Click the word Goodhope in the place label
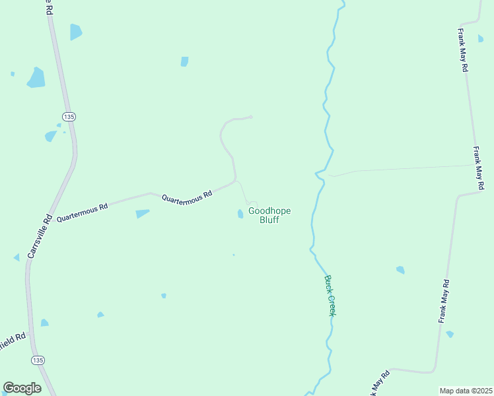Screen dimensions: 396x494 click(269, 211)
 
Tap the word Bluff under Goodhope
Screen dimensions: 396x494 click(269, 220)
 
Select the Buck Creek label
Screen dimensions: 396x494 click(330, 295)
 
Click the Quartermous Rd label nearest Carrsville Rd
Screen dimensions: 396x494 click(82, 213)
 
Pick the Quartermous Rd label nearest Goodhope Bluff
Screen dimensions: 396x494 click(187, 196)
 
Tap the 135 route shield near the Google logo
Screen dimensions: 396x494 click(38, 360)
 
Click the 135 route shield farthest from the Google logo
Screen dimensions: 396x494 click(69, 116)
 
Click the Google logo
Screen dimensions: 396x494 click(22, 388)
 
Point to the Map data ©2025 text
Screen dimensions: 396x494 click(466, 391)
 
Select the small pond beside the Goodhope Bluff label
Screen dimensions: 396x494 click(240, 213)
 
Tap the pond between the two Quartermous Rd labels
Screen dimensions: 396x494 click(142, 213)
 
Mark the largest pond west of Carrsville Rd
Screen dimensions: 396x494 click(36, 78)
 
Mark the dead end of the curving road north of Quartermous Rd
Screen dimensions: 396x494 click(252, 117)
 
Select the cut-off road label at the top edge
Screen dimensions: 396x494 click(47, 7)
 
